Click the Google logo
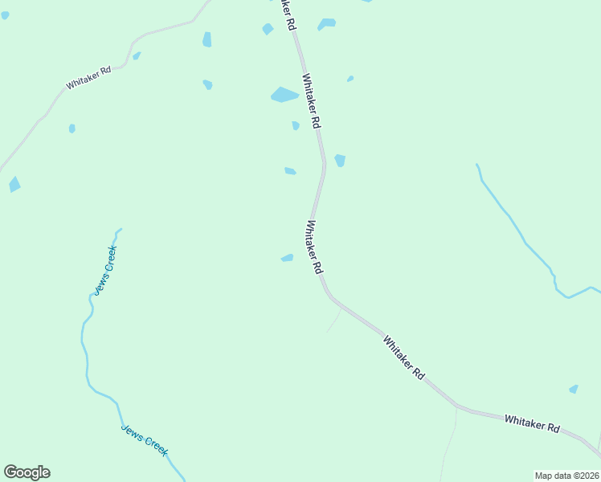(x=27, y=472)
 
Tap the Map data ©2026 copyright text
(x=566, y=475)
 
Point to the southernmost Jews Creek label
(x=145, y=439)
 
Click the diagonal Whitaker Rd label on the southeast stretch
(x=403, y=357)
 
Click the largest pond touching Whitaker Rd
(x=284, y=95)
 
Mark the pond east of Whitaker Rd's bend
(x=340, y=161)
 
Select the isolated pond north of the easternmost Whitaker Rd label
(x=574, y=389)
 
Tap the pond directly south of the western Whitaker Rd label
(x=72, y=129)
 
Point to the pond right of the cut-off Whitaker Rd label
(x=326, y=24)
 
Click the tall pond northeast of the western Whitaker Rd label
(x=207, y=39)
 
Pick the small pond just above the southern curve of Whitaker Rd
(x=287, y=258)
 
